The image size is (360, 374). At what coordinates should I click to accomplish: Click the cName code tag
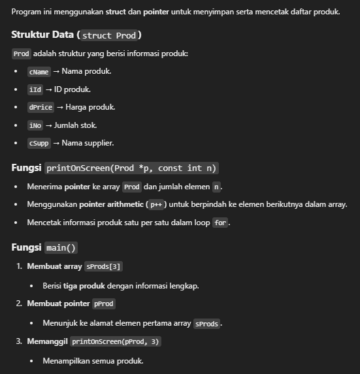click(39, 71)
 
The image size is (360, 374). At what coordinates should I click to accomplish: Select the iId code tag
click(35, 89)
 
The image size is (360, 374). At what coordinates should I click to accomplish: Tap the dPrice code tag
click(41, 107)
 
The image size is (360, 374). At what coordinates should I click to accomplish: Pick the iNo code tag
click(35, 125)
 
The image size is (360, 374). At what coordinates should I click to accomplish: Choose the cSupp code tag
click(39, 143)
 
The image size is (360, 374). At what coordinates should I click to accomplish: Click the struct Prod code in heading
click(111, 35)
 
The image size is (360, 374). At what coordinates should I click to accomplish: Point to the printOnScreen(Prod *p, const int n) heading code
click(132, 168)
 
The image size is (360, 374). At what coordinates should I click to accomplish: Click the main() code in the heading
click(62, 248)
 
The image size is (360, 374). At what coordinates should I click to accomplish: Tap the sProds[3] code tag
click(104, 266)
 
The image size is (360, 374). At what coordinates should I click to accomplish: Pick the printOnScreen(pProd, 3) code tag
click(115, 341)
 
